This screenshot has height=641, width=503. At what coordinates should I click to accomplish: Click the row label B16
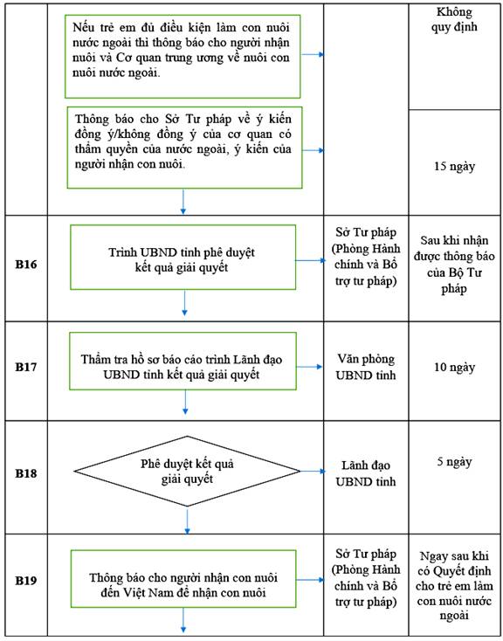26,265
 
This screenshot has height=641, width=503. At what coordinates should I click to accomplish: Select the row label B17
26,367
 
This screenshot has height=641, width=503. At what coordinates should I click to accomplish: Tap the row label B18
26,473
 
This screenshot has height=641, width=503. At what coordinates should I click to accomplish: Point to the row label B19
26,581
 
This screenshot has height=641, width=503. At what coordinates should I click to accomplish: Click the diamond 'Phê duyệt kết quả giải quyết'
187,472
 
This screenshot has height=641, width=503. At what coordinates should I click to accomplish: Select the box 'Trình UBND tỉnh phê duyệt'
183,257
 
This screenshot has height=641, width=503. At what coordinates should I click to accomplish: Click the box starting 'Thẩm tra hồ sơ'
183,361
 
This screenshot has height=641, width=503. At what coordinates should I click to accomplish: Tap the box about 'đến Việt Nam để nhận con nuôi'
183,579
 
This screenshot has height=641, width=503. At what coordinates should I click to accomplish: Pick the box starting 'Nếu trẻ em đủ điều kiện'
183,57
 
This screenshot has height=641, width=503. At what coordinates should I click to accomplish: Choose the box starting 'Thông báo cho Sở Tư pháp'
184,148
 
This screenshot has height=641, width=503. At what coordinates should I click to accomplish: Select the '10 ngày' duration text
454,367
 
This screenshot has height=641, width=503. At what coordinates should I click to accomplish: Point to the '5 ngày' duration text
454,462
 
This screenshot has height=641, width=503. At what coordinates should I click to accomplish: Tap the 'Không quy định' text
454,19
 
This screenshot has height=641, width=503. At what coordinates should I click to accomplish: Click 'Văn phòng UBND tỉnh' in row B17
366,367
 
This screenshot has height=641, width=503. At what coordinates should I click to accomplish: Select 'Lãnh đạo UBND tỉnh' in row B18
366,473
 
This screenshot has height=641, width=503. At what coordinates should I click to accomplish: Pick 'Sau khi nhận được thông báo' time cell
454,265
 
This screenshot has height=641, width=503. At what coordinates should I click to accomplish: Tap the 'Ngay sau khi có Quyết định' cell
454,585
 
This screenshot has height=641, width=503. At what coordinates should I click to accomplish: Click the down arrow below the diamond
187,520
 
